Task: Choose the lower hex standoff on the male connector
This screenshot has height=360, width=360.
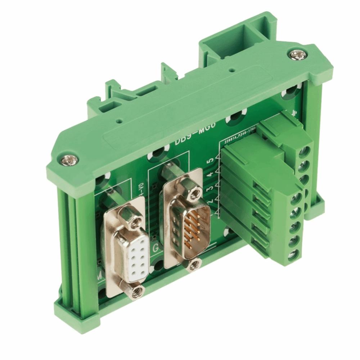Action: [195, 265]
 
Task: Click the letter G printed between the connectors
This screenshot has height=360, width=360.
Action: [156, 248]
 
